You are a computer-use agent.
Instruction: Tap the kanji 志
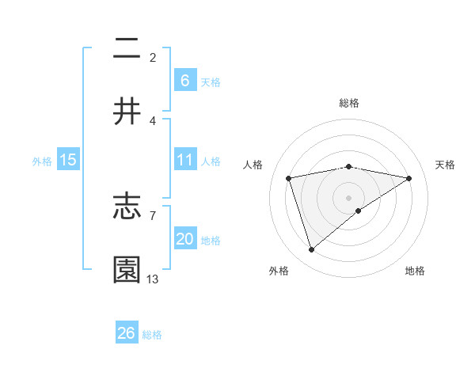click(x=127, y=208)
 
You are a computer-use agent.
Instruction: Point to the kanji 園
click(x=127, y=269)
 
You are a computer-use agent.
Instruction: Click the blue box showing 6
click(x=184, y=80)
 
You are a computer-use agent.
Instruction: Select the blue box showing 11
click(x=184, y=160)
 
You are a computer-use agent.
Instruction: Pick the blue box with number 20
click(x=184, y=239)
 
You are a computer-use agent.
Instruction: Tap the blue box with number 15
click(x=68, y=160)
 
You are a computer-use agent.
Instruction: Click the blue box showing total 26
click(x=127, y=333)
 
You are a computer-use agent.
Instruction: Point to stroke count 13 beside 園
click(x=153, y=279)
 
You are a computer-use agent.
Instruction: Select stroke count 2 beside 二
click(x=153, y=57)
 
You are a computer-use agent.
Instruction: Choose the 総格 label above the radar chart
click(x=349, y=103)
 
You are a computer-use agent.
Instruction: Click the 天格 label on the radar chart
click(x=446, y=165)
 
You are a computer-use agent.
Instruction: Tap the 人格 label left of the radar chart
click(x=254, y=165)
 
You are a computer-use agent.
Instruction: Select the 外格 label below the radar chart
click(x=279, y=271)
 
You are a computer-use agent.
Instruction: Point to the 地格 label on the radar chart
click(x=415, y=271)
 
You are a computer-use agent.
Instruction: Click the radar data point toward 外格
click(x=311, y=250)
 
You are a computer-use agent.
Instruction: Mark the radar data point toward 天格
click(x=409, y=178)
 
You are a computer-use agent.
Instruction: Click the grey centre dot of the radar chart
click(x=349, y=198)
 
